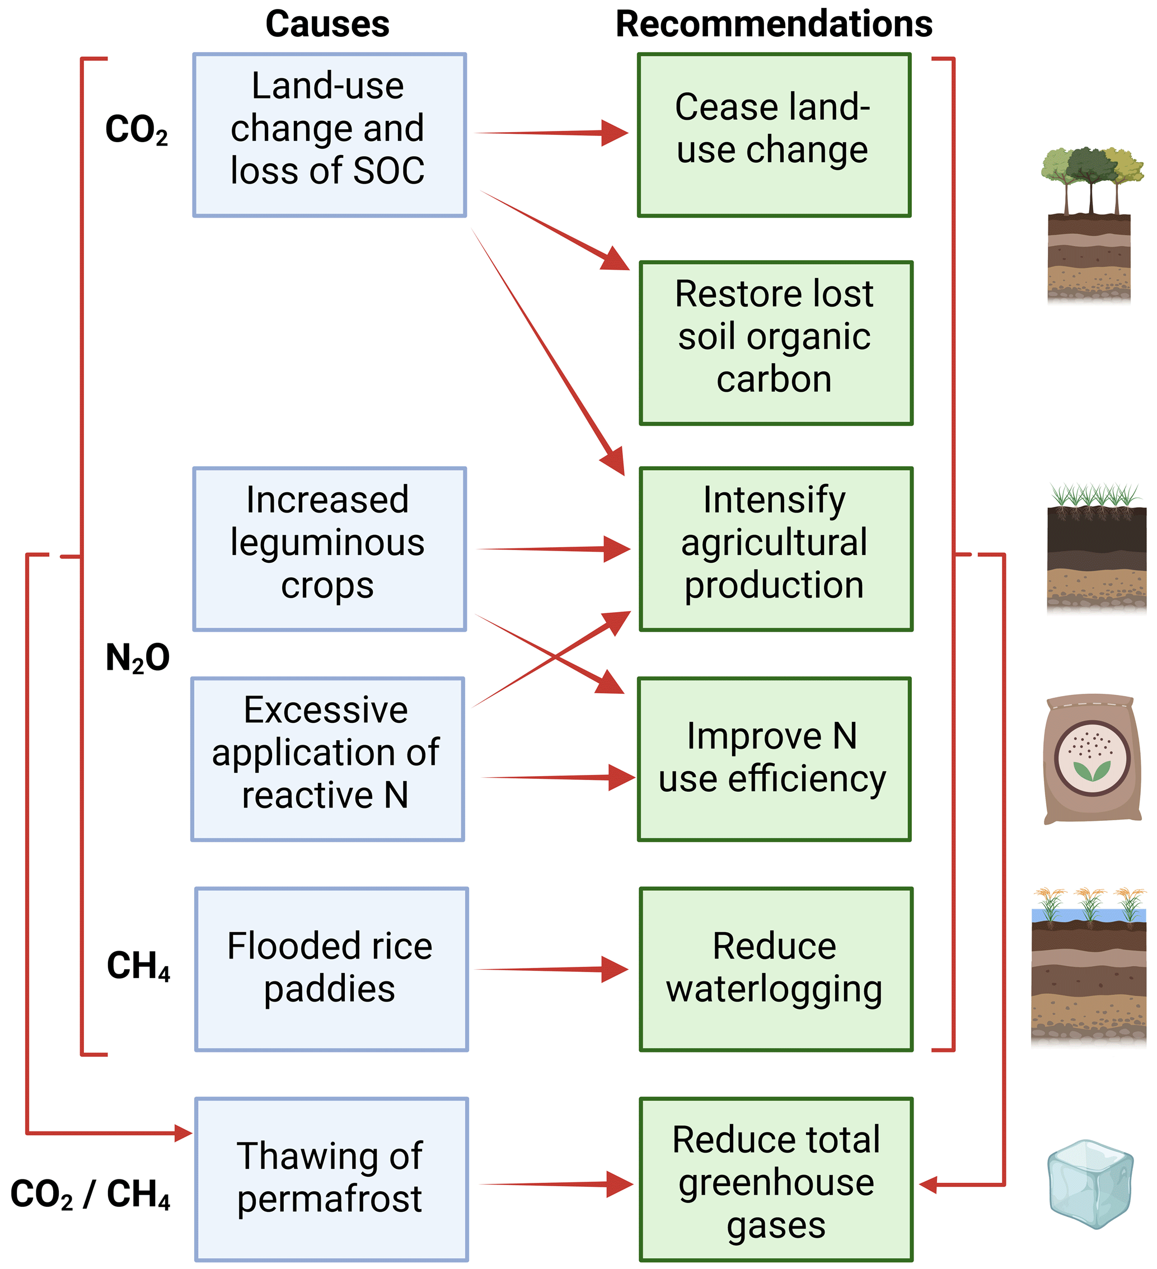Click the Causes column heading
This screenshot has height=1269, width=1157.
327,25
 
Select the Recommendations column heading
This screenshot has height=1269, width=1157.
774,25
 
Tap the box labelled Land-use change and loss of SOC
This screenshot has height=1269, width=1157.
329,135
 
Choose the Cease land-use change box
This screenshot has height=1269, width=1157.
774,135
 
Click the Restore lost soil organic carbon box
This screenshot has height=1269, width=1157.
776,343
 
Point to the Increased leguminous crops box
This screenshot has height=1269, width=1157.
329,548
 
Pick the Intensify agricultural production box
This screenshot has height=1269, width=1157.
776,548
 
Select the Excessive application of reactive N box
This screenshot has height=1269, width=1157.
327,759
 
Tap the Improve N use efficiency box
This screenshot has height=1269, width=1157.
774,759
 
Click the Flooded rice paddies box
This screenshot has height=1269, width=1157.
331,969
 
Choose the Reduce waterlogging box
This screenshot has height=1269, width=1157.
776,969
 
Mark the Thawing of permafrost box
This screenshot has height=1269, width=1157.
331,1179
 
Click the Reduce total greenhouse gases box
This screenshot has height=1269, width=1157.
776,1179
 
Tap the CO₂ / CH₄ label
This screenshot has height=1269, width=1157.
90,1194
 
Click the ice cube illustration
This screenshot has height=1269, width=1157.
1090,1183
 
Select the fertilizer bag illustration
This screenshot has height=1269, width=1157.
1092,759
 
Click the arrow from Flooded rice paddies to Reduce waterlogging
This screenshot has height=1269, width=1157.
552,969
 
